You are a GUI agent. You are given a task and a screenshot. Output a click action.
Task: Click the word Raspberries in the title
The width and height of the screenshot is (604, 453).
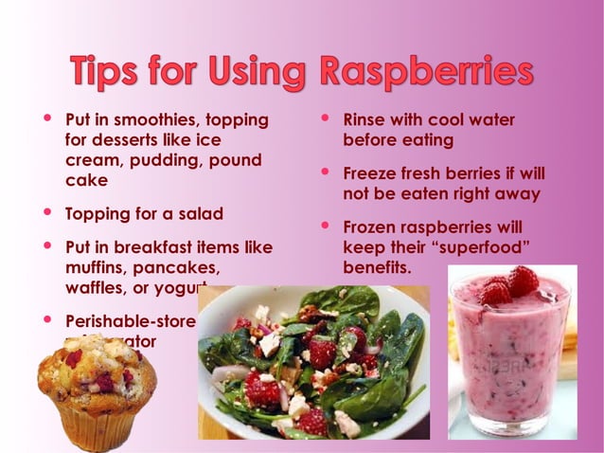tap(425, 72)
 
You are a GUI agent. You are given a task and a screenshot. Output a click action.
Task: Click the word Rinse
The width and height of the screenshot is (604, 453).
tap(364, 120)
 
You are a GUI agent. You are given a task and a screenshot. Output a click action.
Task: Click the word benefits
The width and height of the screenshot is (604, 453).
tap(376, 268)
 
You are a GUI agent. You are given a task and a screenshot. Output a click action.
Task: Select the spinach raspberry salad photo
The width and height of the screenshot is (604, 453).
tap(313, 361)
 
